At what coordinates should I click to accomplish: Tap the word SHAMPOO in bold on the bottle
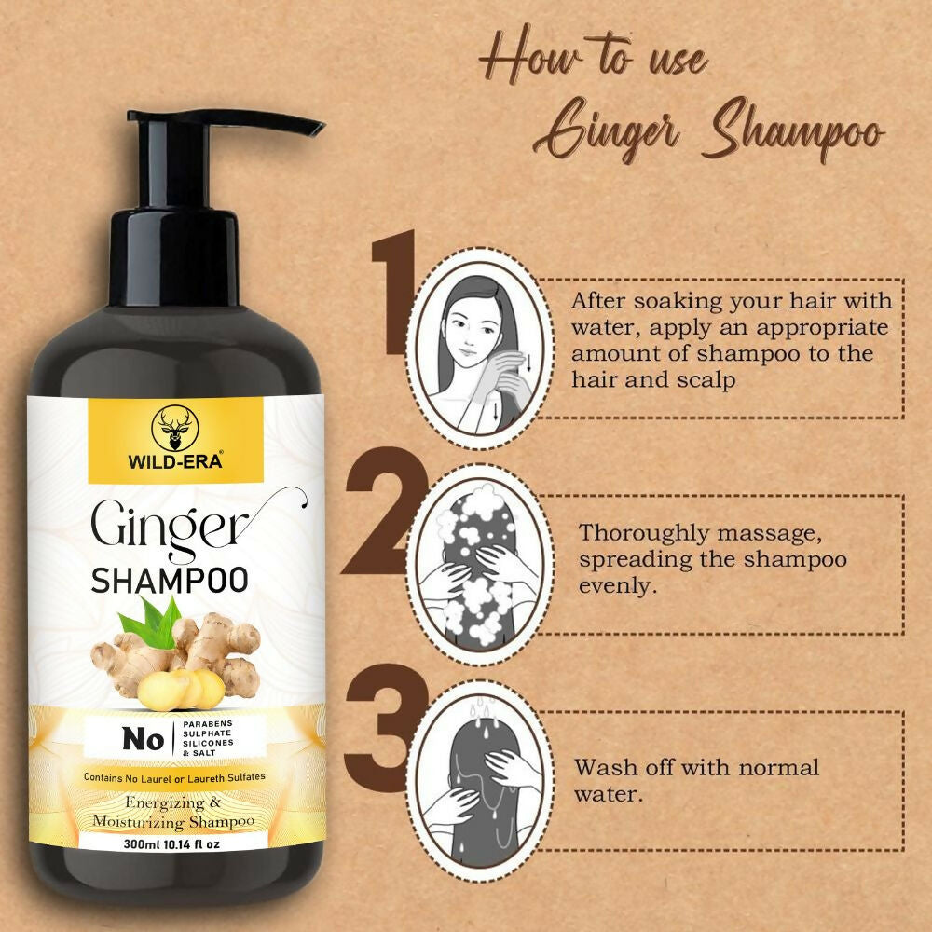click(170, 580)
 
